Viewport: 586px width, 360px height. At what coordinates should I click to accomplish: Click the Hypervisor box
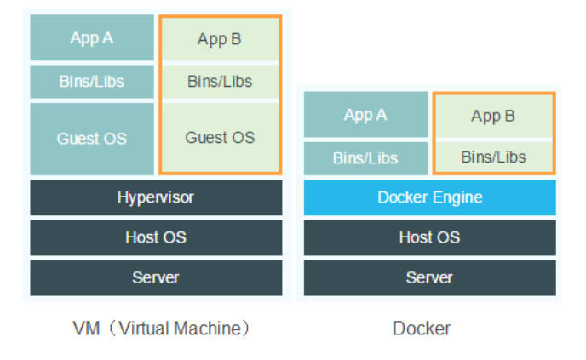click(x=156, y=197)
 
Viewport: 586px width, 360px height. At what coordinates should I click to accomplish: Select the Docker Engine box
click(x=430, y=197)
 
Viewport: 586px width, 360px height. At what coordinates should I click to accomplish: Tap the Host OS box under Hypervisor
click(x=156, y=238)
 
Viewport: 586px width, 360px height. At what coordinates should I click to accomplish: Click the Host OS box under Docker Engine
click(x=430, y=238)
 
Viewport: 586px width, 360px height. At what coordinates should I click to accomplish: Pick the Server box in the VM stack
click(x=156, y=277)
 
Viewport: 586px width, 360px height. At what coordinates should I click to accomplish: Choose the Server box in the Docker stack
click(x=430, y=277)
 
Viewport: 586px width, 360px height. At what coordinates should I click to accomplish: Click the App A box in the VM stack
click(x=92, y=37)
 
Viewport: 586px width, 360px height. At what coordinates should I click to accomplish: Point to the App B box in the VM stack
click(x=220, y=39)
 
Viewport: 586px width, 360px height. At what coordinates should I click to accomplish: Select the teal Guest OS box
click(x=92, y=139)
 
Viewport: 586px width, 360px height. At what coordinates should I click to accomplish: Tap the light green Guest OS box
click(x=220, y=137)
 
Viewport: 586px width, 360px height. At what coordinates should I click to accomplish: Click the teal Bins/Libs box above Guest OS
click(x=92, y=82)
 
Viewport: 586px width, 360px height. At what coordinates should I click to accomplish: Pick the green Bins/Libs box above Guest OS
click(x=220, y=82)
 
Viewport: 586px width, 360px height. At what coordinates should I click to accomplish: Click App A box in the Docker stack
click(x=365, y=115)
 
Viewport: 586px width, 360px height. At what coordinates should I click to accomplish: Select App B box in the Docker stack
click(x=494, y=116)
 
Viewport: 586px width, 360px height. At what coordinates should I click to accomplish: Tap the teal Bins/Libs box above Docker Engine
click(x=365, y=158)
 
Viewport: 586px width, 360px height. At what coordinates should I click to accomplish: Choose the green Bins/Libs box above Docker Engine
click(x=494, y=157)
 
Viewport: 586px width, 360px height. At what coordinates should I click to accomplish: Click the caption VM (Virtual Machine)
click(x=162, y=329)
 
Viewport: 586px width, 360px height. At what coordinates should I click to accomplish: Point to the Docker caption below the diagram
click(x=422, y=329)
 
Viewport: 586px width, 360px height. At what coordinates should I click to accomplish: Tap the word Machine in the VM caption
click(x=207, y=329)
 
